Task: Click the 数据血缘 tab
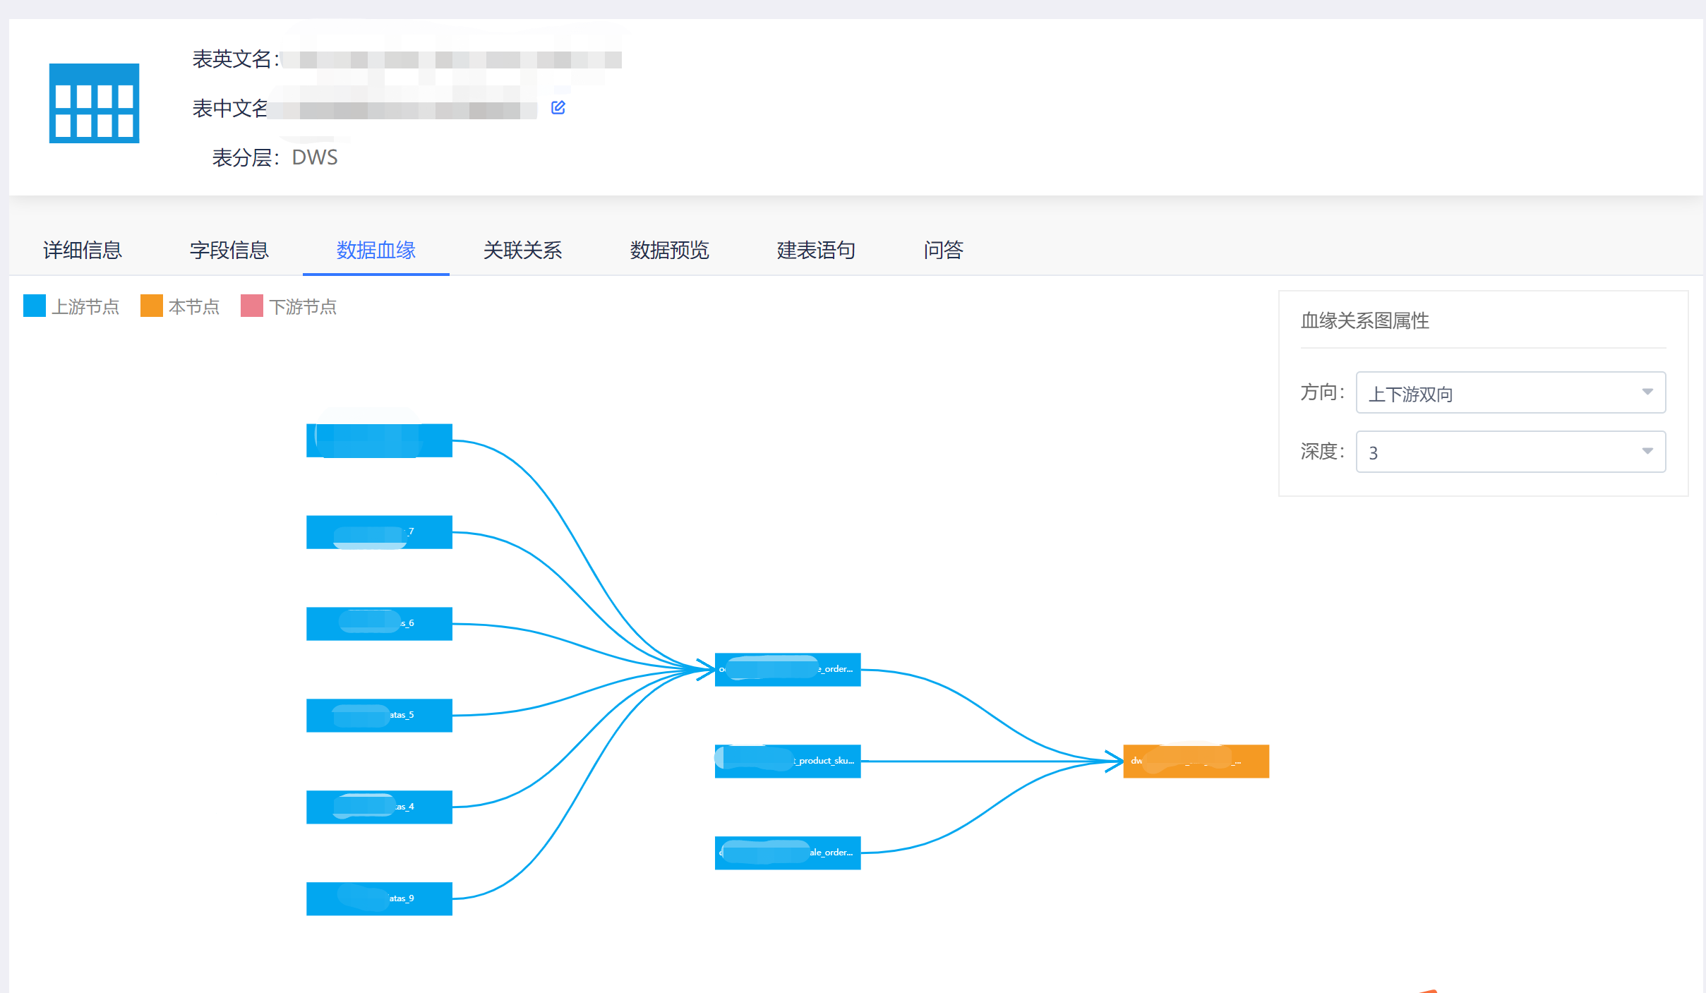click(x=376, y=251)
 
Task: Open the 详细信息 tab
click(x=83, y=251)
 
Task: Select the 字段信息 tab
click(x=229, y=251)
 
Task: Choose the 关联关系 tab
click(x=522, y=251)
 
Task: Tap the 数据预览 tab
click(x=669, y=251)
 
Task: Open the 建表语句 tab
click(x=816, y=251)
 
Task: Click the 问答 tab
click(x=943, y=251)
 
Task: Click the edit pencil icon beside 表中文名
click(x=558, y=107)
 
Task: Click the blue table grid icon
click(x=94, y=103)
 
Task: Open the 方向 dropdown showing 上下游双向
click(x=1510, y=392)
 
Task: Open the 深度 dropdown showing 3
click(x=1510, y=452)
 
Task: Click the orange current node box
click(x=1196, y=761)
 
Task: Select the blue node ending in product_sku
click(x=788, y=761)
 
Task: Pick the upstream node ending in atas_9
click(x=379, y=898)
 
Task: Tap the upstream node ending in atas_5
click(x=379, y=715)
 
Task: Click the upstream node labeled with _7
click(x=379, y=531)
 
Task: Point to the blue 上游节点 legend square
click(x=35, y=306)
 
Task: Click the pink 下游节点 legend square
click(x=252, y=306)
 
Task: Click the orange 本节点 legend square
click(x=152, y=306)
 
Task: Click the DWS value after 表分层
click(x=315, y=157)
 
